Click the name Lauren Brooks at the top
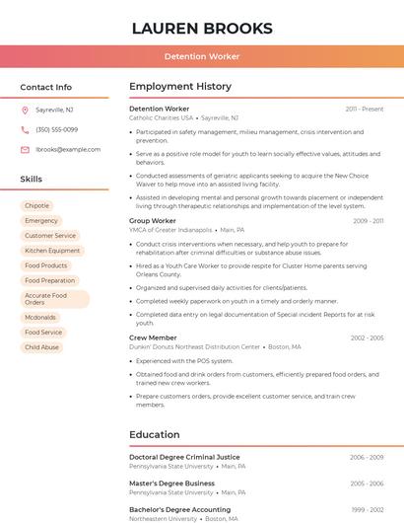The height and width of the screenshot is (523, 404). (x=202, y=28)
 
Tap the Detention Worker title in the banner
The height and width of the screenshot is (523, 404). (x=202, y=56)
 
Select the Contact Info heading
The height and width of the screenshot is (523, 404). (x=46, y=87)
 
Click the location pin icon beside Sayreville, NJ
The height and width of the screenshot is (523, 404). (x=25, y=110)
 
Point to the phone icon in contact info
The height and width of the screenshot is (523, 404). (x=25, y=129)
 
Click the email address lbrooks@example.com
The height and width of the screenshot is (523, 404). (x=68, y=150)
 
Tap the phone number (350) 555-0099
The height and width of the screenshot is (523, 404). (x=56, y=129)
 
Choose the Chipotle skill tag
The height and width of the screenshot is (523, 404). (x=37, y=206)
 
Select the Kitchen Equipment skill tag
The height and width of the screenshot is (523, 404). (x=52, y=251)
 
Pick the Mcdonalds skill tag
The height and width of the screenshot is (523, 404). (x=40, y=318)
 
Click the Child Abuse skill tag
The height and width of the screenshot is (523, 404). (x=42, y=347)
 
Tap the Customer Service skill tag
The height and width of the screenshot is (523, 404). (x=50, y=236)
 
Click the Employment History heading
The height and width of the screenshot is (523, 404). (x=180, y=87)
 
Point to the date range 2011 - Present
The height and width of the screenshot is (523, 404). (x=365, y=109)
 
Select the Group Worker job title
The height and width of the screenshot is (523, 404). (x=153, y=221)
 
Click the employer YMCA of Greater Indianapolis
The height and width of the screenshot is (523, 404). (x=170, y=230)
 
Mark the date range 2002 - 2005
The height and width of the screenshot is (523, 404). (x=367, y=337)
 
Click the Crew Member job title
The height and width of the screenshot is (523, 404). (x=153, y=337)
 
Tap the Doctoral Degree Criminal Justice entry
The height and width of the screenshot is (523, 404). (x=184, y=457)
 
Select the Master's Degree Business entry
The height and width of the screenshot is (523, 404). (x=171, y=483)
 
